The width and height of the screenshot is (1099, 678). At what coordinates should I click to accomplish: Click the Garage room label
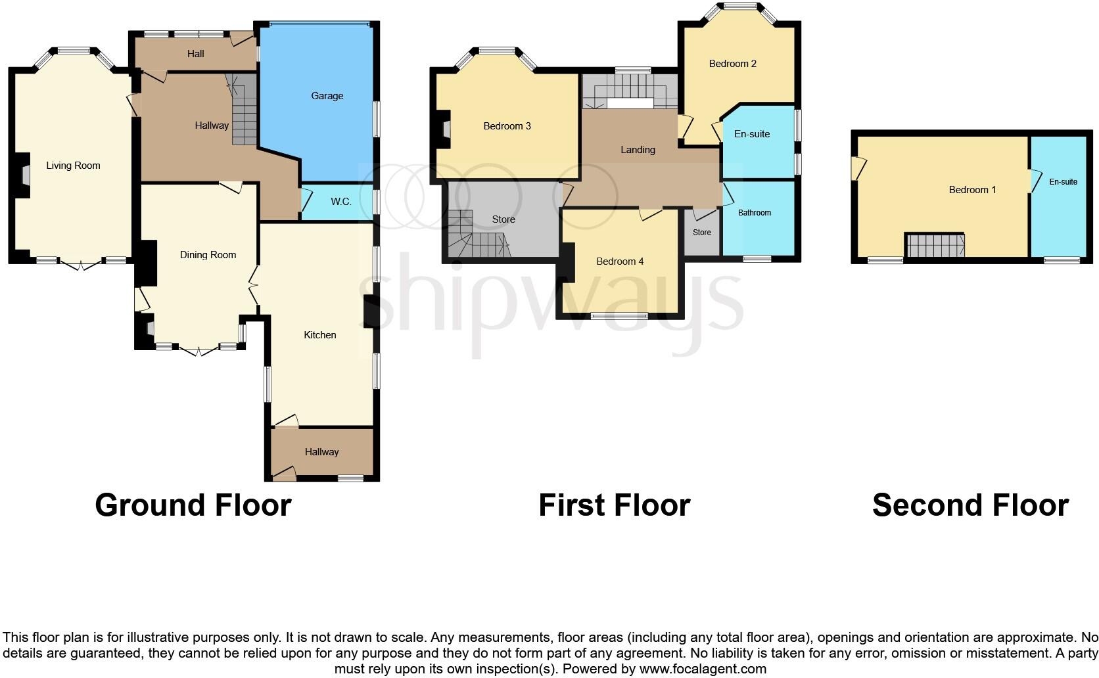(327, 96)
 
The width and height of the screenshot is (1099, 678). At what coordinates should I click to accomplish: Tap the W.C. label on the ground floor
(340, 202)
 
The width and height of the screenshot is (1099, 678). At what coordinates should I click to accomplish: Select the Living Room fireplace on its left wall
(24, 175)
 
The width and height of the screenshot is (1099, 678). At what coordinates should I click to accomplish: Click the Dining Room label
(208, 255)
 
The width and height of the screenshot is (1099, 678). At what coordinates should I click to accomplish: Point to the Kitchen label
(320, 335)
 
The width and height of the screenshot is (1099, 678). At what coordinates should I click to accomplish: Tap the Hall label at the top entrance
(195, 54)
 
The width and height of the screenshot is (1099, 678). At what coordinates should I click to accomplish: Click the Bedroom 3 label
(507, 126)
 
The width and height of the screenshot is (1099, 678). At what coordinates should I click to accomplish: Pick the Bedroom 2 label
(732, 64)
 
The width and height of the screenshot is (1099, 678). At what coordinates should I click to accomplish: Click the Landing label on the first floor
(638, 150)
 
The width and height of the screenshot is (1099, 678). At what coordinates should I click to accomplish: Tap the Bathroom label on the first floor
(754, 213)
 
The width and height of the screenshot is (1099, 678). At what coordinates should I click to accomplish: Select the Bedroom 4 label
(619, 261)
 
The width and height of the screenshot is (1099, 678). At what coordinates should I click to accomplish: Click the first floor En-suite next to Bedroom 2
(751, 134)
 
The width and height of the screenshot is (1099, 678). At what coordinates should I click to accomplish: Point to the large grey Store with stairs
(503, 219)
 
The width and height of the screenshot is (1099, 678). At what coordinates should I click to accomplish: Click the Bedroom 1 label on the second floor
(972, 190)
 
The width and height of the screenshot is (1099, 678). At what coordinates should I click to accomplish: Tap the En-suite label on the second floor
(1063, 182)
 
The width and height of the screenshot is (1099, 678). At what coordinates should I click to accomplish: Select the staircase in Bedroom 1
(935, 246)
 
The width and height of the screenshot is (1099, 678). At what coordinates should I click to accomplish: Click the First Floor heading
(614, 505)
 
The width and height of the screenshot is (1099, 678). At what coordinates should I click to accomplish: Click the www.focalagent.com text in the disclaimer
(702, 669)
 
